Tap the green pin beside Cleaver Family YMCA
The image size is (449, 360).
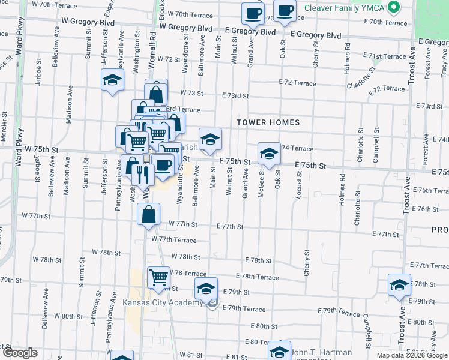click(x=394, y=8)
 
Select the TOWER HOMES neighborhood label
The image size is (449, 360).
click(x=268, y=122)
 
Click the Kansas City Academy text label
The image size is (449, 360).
click(x=163, y=302)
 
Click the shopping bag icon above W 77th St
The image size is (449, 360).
click(x=149, y=214)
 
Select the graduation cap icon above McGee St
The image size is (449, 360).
click(x=269, y=154)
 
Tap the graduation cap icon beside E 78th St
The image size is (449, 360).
click(x=399, y=285)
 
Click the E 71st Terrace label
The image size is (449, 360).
click(x=385, y=56)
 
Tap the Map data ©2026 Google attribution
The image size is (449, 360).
click(x=412, y=355)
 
